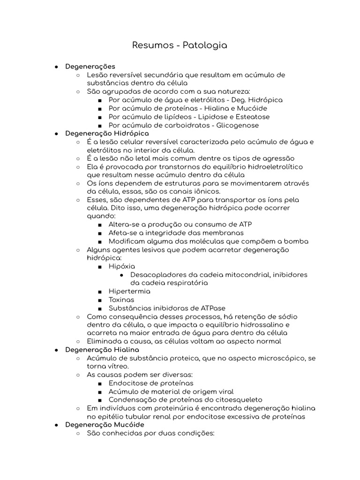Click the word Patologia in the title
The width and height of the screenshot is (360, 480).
coord(206,45)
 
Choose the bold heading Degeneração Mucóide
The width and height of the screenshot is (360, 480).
coord(105,425)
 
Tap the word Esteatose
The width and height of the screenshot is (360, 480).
coord(253,117)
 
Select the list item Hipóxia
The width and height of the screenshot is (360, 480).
coord(122,266)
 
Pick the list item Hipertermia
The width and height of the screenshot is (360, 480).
coord(129,291)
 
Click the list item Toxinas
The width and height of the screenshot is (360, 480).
coord(121,300)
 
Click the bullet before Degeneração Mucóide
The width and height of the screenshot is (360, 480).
coord(56,425)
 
